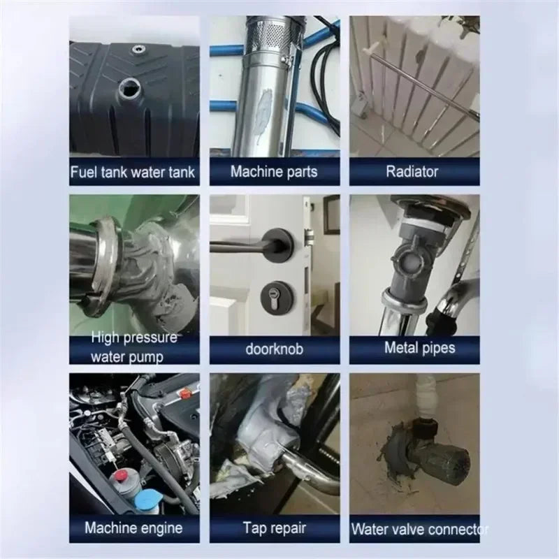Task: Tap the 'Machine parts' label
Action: (x=274, y=172)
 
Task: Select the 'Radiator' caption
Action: (x=414, y=172)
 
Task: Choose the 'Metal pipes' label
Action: (x=419, y=348)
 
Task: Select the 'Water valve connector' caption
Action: (x=419, y=529)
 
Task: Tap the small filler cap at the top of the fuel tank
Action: (x=140, y=50)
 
